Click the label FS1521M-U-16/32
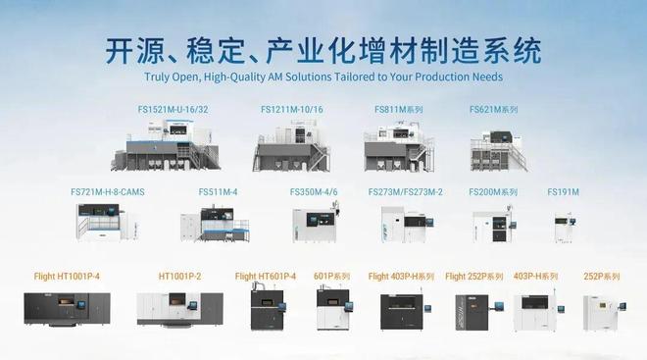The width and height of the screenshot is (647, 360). click(173, 109)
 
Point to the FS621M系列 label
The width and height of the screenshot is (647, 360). click(493, 109)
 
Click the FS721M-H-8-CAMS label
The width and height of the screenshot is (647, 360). click(108, 192)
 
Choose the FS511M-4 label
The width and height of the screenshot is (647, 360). click(218, 192)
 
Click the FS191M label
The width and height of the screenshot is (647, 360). click(564, 192)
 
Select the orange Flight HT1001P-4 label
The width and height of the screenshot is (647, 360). click(67, 277)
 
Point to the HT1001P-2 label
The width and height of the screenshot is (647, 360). click(179, 277)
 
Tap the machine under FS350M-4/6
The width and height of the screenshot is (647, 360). click(316, 224)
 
